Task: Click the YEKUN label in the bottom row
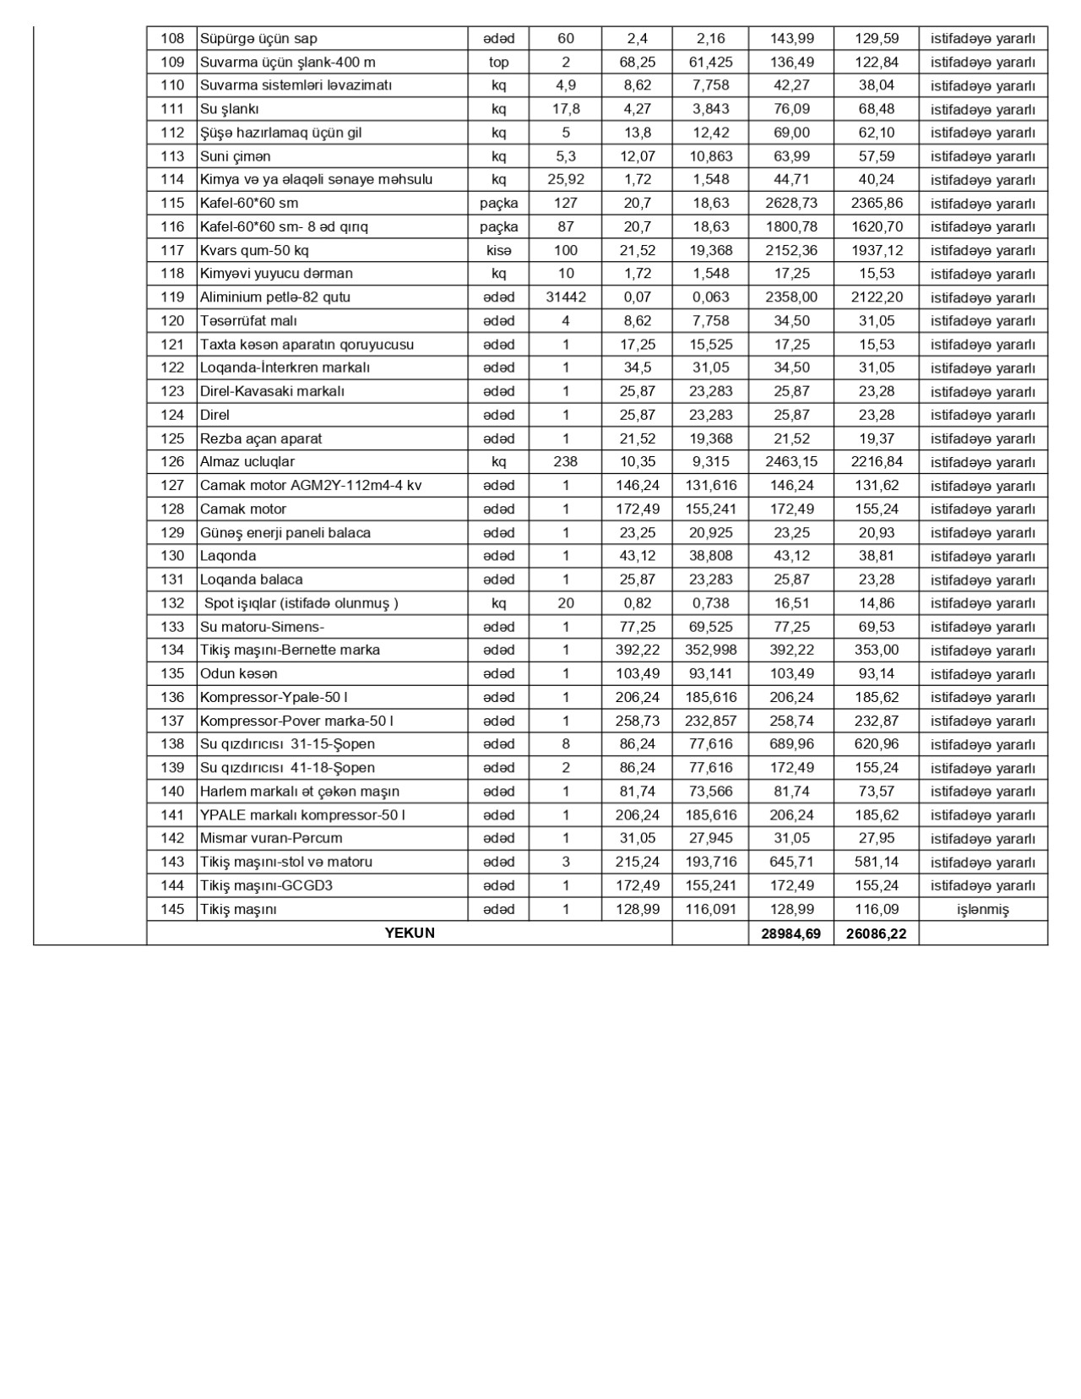pyautogui.click(x=410, y=933)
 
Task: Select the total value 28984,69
pyautogui.click(x=790, y=934)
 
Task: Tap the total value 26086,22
pyautogui.click(x=876, y=934)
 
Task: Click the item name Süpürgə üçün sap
pyautogui.click(x=258, y=38)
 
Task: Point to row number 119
pyautogui.click(x=171, y=297)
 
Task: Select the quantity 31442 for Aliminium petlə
pyautogui.click(x=566, y=297)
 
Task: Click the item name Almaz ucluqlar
pyautogui.click(x=247, y=462)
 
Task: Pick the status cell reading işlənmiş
pyautogui.click(x=983, y=910)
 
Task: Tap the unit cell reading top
pyautogui.click(x=498, y=62)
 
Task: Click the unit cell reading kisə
pyautogui.click(x=498, y=250)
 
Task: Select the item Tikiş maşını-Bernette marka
pyautogui.click(x=290, y=650)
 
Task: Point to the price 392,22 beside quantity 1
pyautogui.click(x=637, y=650)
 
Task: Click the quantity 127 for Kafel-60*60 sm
pyautogui.click(x=566, y=203)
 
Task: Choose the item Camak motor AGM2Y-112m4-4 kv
pyautogui.click(x=310, y=485)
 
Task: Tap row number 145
pyautogui.click(x=171, y=910)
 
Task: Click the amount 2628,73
pyautogui.click(x=790, y=203)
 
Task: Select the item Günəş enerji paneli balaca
pyautogui.click(x=285, y=532)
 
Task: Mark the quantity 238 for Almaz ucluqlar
pyautogui.click(x=566, y=462)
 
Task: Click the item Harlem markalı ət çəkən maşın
pyautogui.click(x=299, y=792)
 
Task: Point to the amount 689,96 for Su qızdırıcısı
pyautogui.click(x=790, y=744)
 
